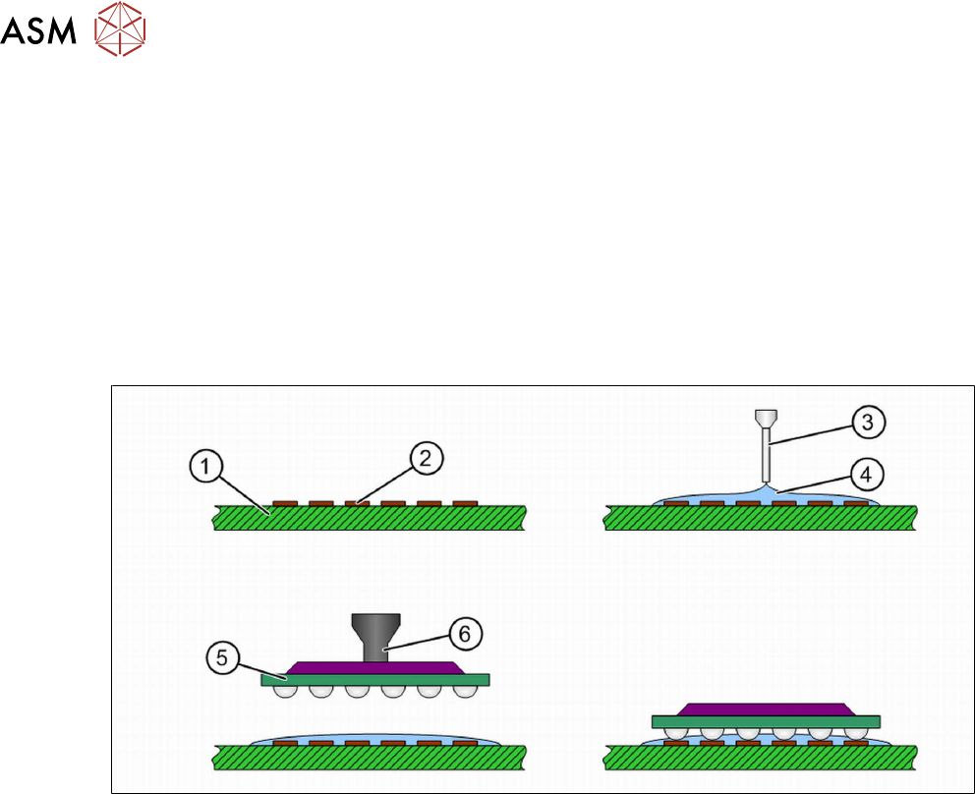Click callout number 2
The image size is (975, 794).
[x=429, y=458]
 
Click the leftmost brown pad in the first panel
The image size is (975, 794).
[x=284, y=503]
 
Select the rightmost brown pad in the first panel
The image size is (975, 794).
[x=465, y=503]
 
